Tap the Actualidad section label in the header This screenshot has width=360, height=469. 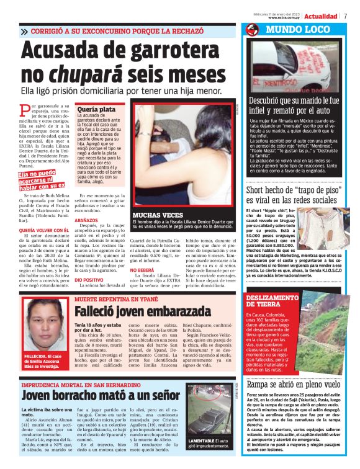pyautogui.click(x=321, y=16)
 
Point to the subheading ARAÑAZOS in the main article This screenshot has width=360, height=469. pyautogui.click(x=89, y=220)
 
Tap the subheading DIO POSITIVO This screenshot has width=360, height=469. pyautogui.click(x=89, y=279)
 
